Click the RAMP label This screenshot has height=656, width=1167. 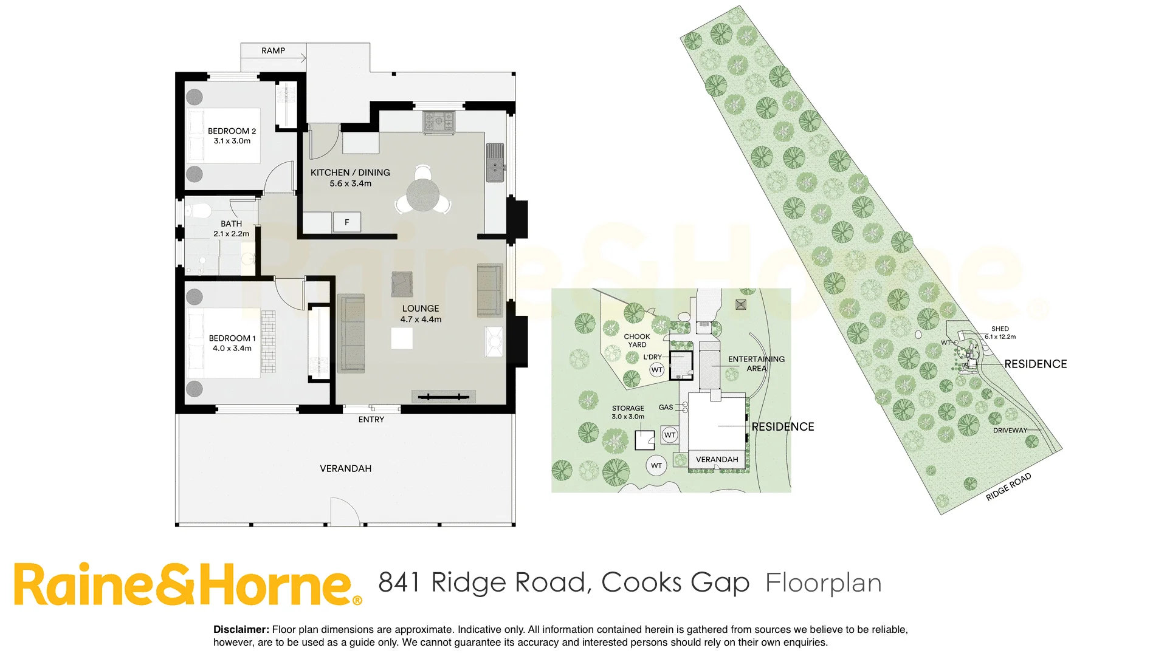pyautogui.click(x=273, y=51)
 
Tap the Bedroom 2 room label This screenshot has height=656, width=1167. pyautogui.click(x=232, y=131)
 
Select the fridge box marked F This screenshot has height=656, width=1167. pyautogui.click(x=347, y=222)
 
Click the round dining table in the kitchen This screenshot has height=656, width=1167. pyautogui.click(x=423, y=196)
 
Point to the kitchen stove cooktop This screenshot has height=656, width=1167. pyautogui.click(x=439, y=121)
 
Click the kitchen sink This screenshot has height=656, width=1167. pyautogui.click(x=495, y=163)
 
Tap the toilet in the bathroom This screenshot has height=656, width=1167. pyautogui.click(x=198, y=211)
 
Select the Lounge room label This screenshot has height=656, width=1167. pyautogui.click(x=420, y=309)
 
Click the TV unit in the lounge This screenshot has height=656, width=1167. pyautogui.click(x=444, y=397)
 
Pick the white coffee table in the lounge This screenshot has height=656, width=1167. pyautogui.click(x=402, y=338)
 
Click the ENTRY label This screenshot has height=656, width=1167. pyautogui.click(x=371, y=420)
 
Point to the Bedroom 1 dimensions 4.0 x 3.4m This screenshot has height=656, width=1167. pyautogui.click(x=232, y=349)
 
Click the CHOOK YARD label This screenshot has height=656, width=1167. pyautogui.click(x=637, y=340)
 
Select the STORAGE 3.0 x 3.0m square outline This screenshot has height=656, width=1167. pyautogui.click(x=644, y=440)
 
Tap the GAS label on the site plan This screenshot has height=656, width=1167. pyautogui.click(x=666, y=408)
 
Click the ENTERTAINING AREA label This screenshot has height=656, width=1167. pyautogui.click(x=756, y=363)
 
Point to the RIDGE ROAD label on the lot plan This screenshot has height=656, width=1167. pyautogui.click(x=1008, y=487)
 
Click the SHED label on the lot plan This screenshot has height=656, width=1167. pyautogui.click(x=1000, y=329)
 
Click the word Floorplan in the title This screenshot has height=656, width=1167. pyautogui.click(x=823, y=583)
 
